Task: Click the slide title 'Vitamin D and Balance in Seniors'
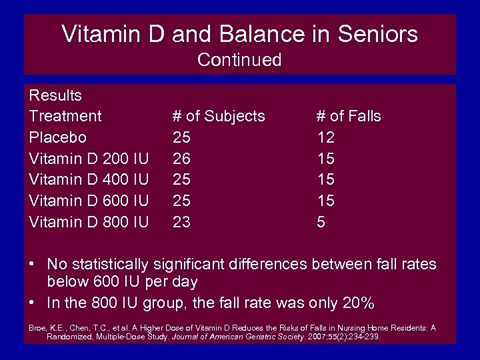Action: [239, 34]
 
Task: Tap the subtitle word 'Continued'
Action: [239, 60]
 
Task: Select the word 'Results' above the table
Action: [55, 95]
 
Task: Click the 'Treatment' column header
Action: [65, 116]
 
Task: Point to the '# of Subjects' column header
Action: [219, 116]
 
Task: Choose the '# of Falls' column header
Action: [348, 116]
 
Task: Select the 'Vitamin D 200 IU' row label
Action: [89, 159]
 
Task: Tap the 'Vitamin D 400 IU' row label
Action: [89, 179]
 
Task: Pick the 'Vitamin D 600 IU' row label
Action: [89, 201]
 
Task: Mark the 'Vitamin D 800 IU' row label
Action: [89, 221]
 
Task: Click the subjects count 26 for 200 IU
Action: [181, 159]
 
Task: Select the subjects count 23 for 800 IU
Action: [181, 221]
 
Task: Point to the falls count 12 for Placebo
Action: [325, 137]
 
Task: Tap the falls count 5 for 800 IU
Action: [321, 221]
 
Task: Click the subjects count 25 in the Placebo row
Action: [181, 137]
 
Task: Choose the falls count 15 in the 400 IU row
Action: [325, 179]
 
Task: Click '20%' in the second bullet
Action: [358, 303]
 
